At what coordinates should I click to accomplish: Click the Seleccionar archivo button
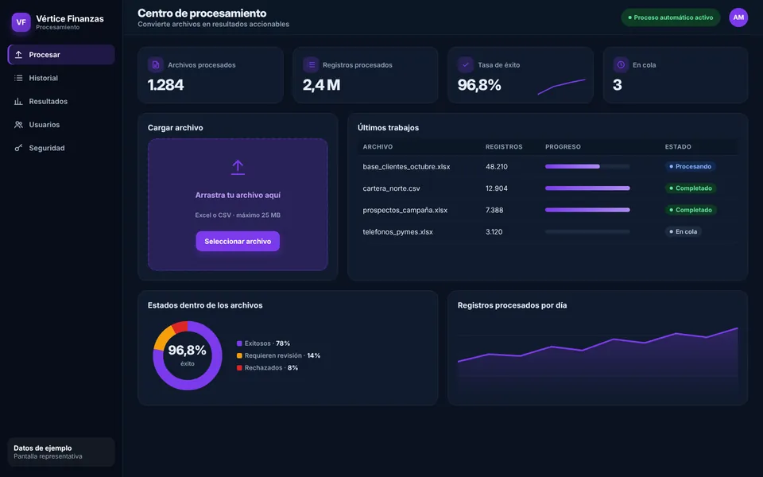238,242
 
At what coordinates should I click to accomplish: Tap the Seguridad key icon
18,148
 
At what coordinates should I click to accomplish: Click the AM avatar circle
738,17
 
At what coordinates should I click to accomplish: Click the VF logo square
21,22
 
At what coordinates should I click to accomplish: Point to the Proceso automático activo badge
671,17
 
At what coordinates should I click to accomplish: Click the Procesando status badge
690,166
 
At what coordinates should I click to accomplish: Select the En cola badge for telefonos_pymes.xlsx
684,231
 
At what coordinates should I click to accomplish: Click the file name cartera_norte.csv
391,188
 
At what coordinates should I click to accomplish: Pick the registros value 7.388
494,210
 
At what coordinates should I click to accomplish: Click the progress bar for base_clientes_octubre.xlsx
587,166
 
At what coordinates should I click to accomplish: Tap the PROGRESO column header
563,146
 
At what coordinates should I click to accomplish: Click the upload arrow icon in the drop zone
238,167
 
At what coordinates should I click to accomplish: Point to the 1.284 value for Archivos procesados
165,85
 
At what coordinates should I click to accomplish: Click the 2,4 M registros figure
321,85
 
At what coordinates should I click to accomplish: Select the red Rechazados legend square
239,368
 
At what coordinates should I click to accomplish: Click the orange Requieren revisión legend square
239,356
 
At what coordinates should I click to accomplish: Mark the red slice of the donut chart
180,327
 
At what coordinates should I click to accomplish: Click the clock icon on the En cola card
621,64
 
